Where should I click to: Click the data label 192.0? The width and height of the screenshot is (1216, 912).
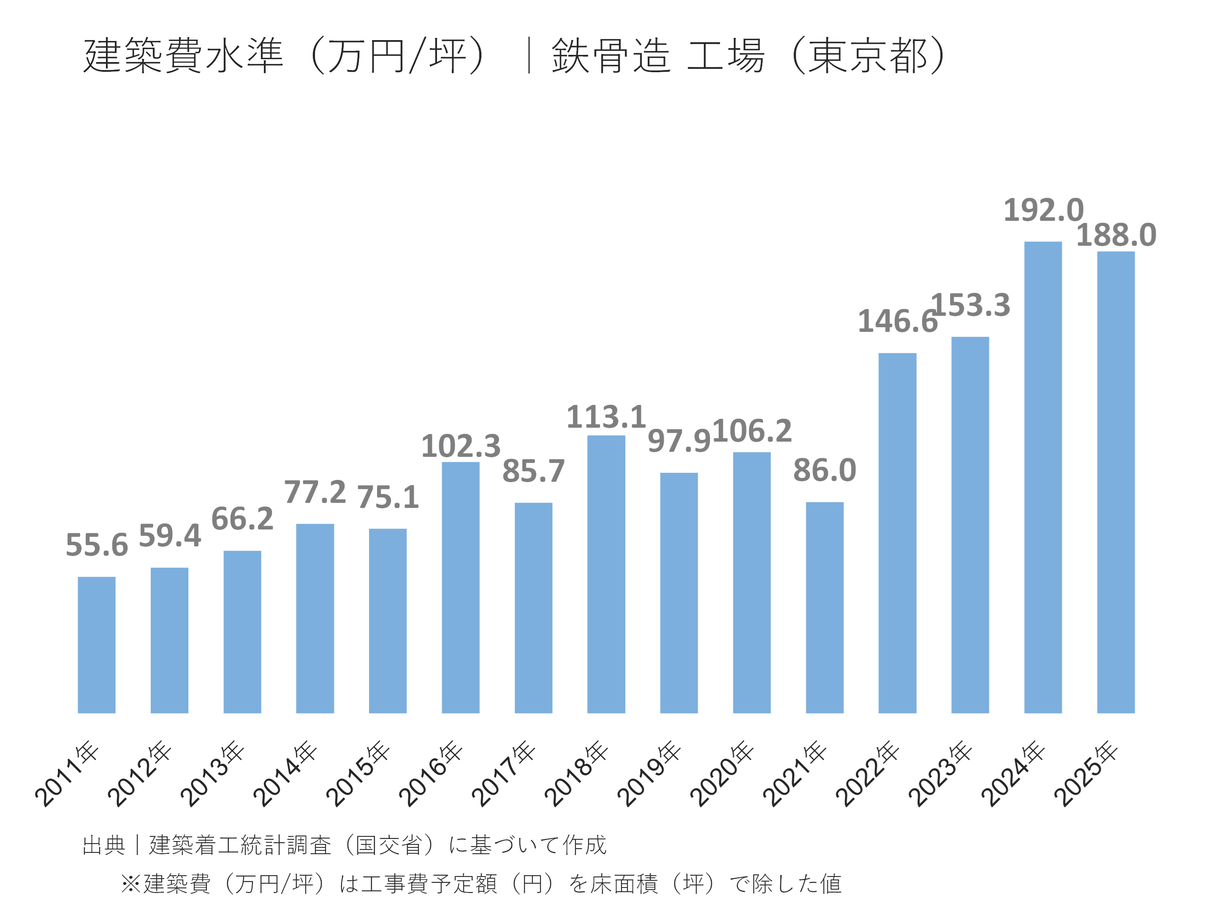[1043, 211]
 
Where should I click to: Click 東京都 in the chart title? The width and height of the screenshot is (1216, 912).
[868, 56]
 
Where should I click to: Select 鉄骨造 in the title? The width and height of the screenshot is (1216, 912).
[611, 56]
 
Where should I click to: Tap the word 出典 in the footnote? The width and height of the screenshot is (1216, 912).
[103, 845]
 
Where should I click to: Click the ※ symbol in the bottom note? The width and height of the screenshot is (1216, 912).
[131, 883]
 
